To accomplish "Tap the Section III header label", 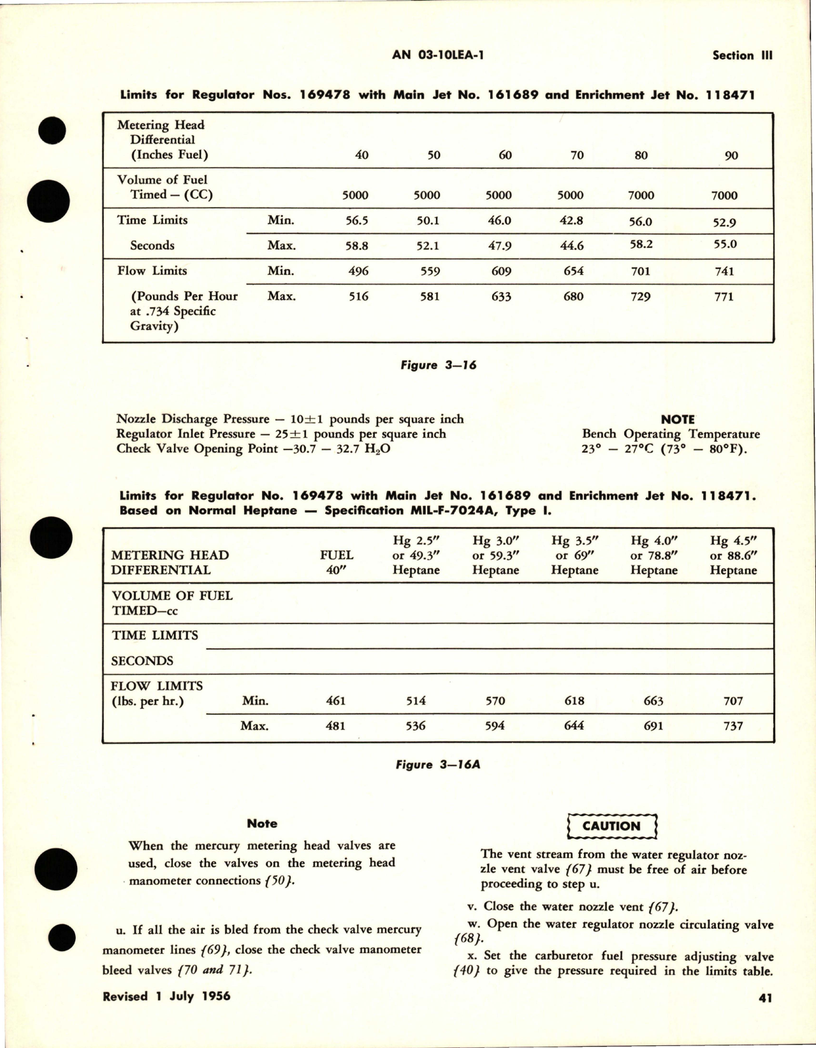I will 742,55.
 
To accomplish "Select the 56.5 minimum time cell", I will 356,221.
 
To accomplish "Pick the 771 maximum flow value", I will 724,296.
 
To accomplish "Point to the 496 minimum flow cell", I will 358,271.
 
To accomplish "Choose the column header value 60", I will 505,155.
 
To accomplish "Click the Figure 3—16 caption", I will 438,365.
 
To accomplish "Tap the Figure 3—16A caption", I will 437,764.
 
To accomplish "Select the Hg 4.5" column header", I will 733,541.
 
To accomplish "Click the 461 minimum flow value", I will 335,701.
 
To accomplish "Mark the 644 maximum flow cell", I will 574,725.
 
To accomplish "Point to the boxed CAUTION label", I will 611,826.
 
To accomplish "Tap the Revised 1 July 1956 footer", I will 166,996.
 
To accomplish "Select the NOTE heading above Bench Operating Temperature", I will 677,419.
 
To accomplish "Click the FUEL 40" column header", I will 336,562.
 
